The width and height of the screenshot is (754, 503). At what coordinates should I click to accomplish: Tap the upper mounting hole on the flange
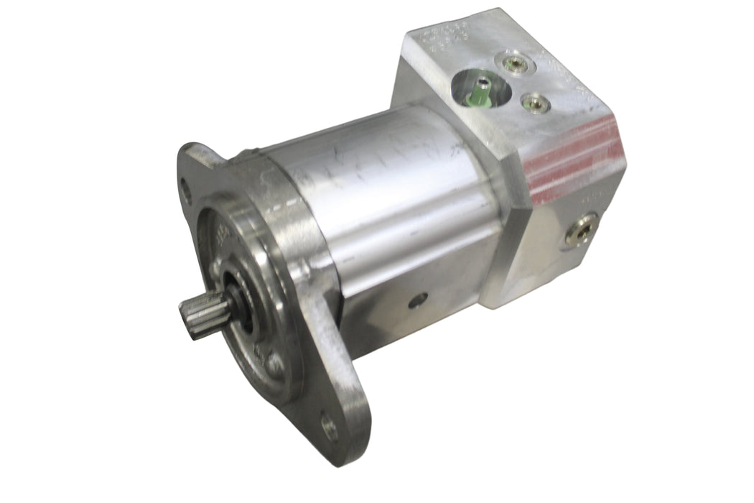click(187, 190)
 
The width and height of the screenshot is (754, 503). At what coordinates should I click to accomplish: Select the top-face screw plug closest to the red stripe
click(535, 103)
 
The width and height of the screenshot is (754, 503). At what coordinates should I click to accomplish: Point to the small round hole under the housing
click(418, 300)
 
